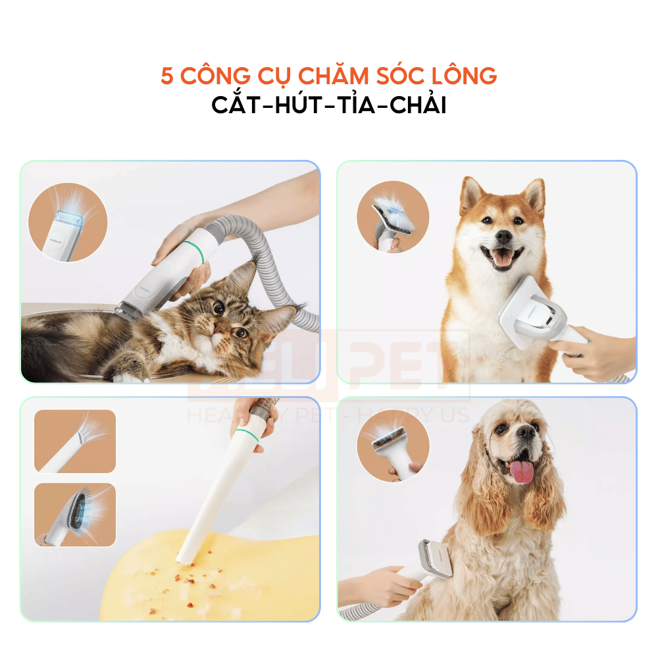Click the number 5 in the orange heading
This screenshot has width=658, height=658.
pos(167,76)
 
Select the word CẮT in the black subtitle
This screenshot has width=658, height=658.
pos(240,105)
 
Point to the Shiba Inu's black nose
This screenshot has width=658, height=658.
pos(503,236)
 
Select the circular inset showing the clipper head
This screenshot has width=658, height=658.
pos(68,222)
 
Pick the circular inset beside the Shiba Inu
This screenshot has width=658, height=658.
pos(393,216)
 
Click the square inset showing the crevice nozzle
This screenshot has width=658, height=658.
pos(74,441)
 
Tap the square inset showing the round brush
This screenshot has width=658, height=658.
pos(74,515)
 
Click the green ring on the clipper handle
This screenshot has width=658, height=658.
pos(190,249)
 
